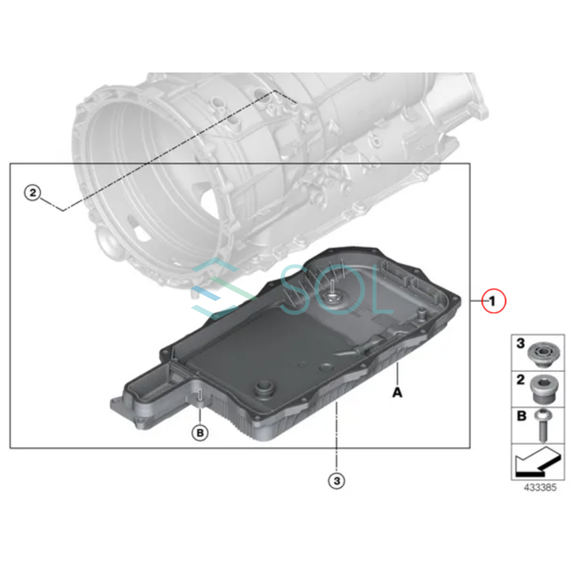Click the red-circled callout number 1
pos(493,301)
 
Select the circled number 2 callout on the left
pos(33,193)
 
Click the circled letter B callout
pos(200,432)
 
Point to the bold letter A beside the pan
pos(397,392)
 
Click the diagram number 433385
pos(540,488)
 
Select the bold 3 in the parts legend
pos(521,344)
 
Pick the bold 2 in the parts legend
pos(521,380)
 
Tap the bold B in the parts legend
pos(522,416)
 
